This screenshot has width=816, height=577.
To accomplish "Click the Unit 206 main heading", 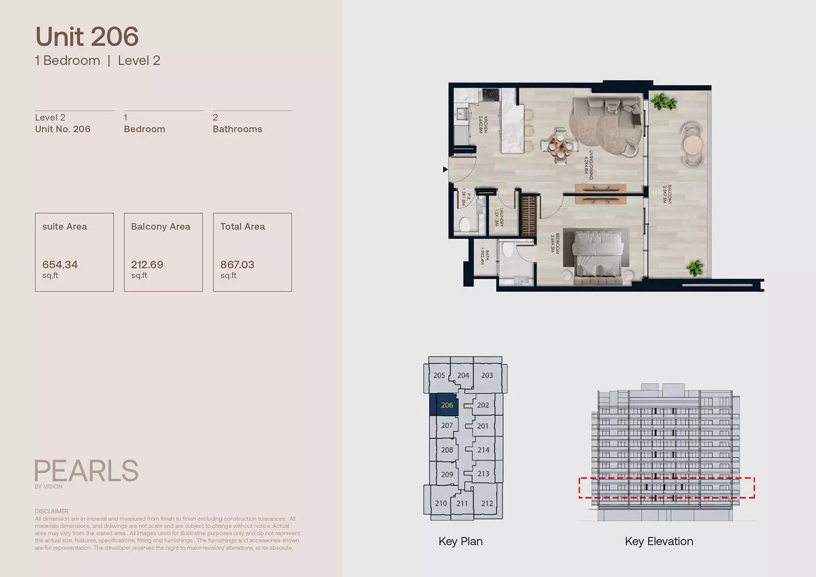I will point(87,37).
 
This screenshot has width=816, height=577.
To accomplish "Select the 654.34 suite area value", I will point(60,264).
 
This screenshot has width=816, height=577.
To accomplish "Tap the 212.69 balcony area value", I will point(147,264).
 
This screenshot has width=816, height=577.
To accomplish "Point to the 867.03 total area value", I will point(237,264).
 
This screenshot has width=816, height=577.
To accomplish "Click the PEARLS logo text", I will point(86,471).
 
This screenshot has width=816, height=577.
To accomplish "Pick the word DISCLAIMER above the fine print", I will point(51,511).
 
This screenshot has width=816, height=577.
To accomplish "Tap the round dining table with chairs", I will point(560,145).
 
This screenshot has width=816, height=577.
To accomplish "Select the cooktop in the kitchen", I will point(491,95).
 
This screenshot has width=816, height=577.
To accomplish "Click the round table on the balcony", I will point(693,144).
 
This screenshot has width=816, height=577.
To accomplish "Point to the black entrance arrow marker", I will point(445,169).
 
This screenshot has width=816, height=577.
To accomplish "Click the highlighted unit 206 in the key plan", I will point(446,405).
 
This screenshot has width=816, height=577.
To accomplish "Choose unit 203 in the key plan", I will point(487,375).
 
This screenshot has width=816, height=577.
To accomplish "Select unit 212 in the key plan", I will point(487,504).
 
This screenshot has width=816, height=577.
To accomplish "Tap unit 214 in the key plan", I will point(483,450).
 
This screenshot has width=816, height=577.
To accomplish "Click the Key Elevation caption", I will point(659,541).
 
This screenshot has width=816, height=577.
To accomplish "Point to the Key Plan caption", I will point(460,541).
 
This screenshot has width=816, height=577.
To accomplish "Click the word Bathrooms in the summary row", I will point(237,129).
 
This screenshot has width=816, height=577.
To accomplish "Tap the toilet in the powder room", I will point(465,224).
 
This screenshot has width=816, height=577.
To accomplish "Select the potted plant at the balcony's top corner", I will point(663,101).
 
